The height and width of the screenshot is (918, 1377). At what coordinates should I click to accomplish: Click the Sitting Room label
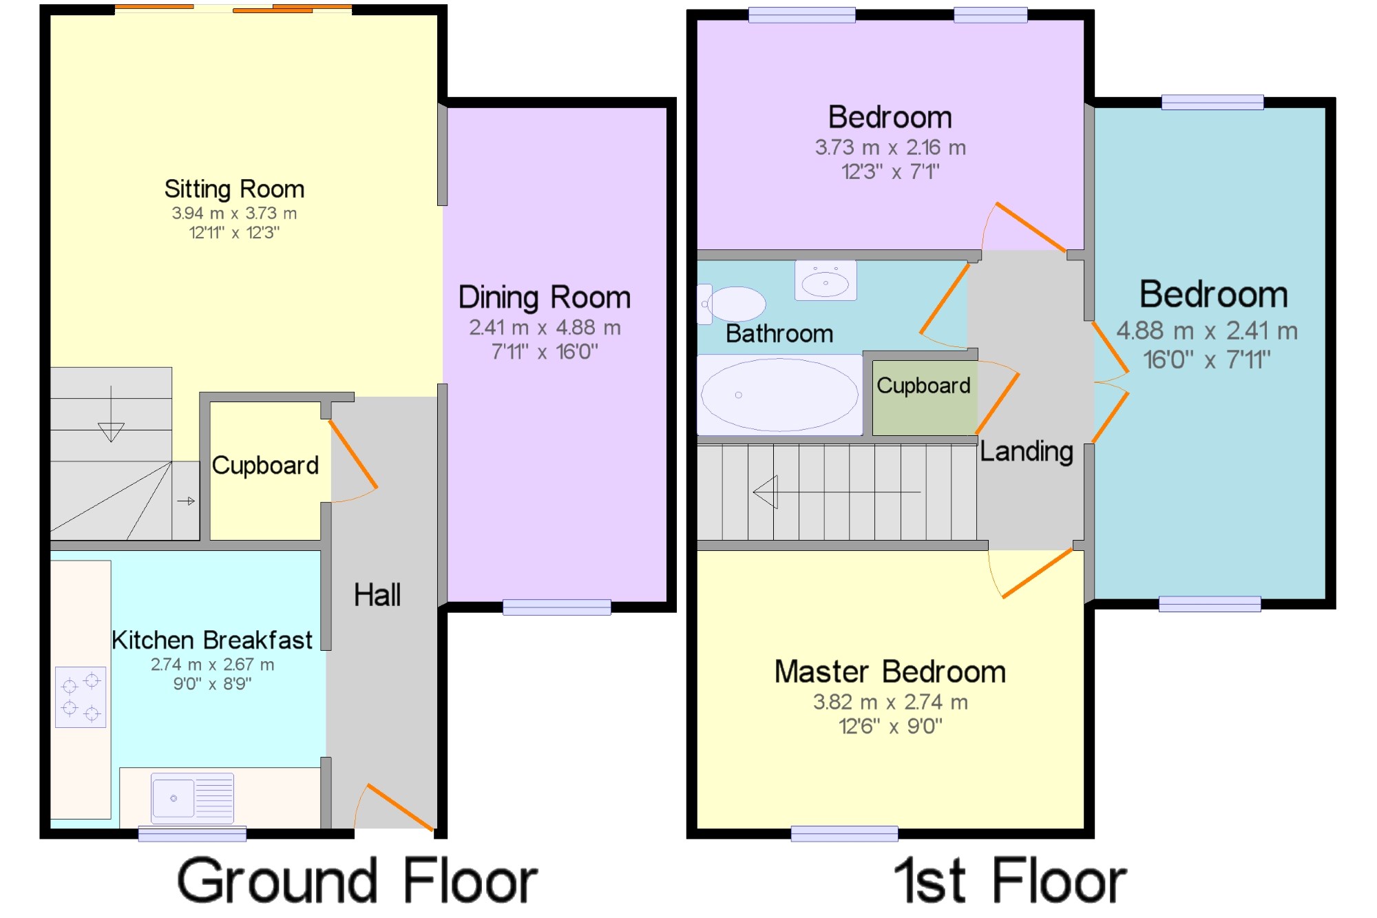(234, 189)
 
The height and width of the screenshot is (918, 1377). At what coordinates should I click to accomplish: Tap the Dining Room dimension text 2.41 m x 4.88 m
(545, 328)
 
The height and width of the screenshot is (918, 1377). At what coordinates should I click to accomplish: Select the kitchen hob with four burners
(81, 697)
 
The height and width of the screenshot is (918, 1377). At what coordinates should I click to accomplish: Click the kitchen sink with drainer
(193, 798)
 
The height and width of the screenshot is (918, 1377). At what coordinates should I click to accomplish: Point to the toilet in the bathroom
(731, 304)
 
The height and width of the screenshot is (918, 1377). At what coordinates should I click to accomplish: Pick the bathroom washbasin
(826, 280)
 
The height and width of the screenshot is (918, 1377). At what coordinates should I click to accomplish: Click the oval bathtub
(779, 395)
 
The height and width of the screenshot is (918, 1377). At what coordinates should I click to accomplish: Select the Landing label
(1027, 452)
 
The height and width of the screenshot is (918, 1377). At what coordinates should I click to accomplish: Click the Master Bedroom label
(890, 671)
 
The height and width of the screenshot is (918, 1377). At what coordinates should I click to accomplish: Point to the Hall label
(377, 595)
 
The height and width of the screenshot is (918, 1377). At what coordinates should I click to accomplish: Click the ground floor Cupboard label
(265, 466)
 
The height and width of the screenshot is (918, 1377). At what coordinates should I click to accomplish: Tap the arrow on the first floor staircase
(837, 492)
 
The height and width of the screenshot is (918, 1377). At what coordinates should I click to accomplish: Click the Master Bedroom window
(844, 834)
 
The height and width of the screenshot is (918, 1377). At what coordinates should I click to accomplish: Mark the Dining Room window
(556, 607)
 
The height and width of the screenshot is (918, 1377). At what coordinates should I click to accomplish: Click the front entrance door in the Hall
(395, 806)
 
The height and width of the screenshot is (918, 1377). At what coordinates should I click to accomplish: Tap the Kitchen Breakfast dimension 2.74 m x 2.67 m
(212, 665)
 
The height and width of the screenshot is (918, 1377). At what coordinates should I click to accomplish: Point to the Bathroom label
(779, 334)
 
